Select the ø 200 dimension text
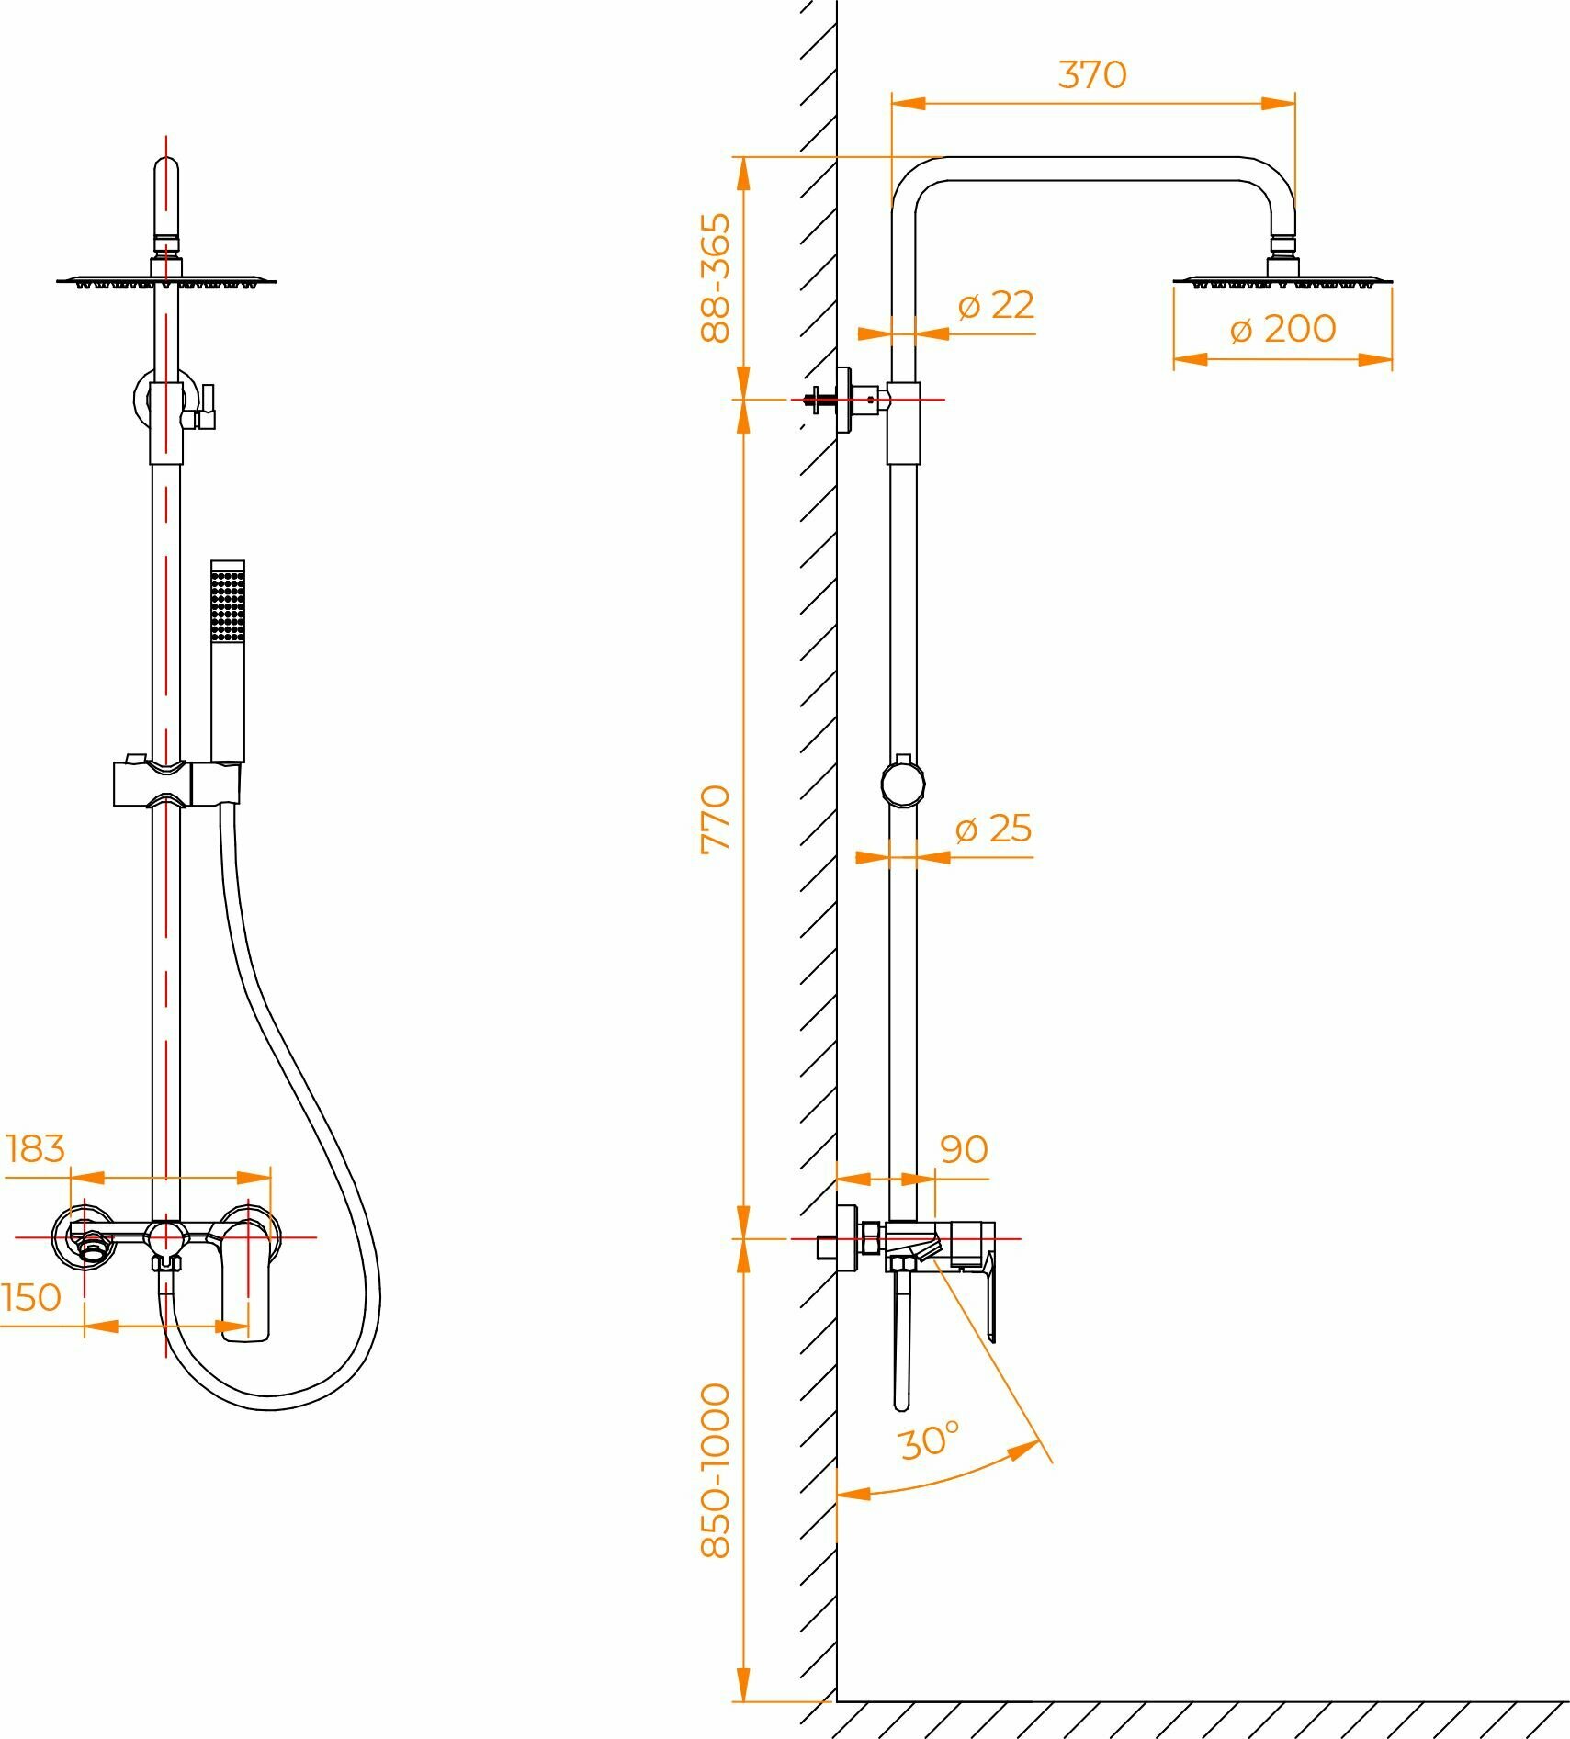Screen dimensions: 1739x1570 [x=1282, y=329]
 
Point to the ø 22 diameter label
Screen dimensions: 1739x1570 [x=995, y=305]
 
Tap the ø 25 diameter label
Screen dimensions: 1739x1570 [x=993, y=829]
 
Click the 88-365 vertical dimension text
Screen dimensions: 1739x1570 [x=716, y=278]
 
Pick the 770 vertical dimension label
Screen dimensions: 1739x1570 [x=716, y=819]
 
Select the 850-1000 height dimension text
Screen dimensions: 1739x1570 [x=716, y=1471]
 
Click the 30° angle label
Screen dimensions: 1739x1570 [x=929, y=1440]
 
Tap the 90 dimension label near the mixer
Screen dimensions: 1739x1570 [x=964, y=1149]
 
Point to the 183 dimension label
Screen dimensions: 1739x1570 [x=36, y=1148]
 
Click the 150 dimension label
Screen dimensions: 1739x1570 [x=31, y=1297]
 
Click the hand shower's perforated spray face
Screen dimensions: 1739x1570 [x=228, y=604]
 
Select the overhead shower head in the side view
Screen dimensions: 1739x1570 [x=1282, y=279]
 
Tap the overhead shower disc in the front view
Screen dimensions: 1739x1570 [x=166, y=280]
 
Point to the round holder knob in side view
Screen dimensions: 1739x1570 [x=902, y=784]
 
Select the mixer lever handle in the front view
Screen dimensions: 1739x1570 [x=247, y=1282]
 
